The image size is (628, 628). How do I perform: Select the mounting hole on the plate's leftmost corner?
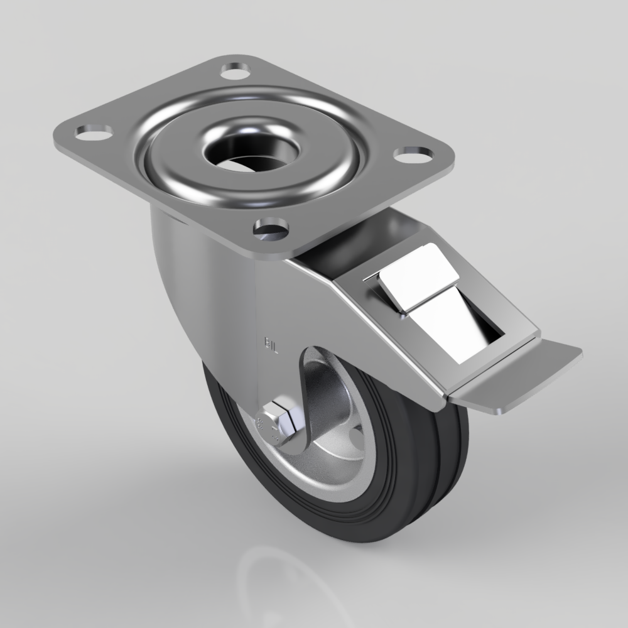94,131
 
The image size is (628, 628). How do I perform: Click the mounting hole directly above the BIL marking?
271,227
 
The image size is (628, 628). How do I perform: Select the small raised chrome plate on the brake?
418,277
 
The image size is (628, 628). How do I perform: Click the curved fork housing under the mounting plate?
201,283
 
